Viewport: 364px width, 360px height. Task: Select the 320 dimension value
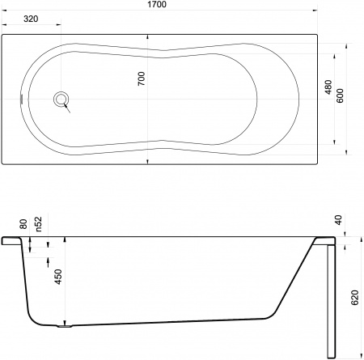30,18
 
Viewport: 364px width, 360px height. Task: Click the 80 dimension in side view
24,224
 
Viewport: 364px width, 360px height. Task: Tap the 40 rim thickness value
337,220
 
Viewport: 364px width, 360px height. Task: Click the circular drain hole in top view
61,100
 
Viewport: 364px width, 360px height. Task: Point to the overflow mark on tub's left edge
23,100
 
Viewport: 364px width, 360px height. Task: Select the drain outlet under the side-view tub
65,327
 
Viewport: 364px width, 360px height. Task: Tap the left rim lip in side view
11,240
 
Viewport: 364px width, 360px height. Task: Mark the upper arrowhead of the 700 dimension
147,38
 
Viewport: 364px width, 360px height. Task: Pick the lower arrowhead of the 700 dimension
147,159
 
